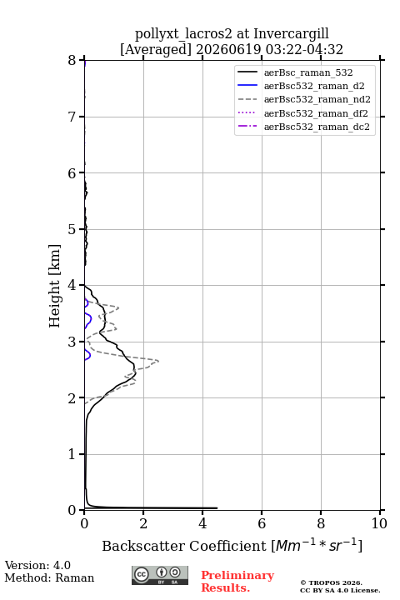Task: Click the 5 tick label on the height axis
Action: point(72,229)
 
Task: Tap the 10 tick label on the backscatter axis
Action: point(379,523)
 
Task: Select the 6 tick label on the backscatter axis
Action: point(262,523)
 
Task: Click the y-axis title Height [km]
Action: point(54,286)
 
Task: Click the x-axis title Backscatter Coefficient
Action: point(183,546)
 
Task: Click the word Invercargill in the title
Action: point(291,34)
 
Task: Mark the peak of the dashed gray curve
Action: point(158,361)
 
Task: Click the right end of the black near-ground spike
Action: point(217,508)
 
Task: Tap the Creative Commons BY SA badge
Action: point(160,575)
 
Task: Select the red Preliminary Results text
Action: point(237,582)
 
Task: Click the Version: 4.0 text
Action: point(37,565)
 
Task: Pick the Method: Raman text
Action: point(49,577)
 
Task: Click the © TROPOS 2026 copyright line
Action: point(331,582)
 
